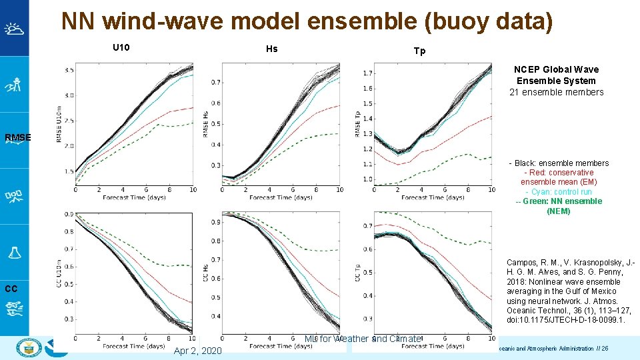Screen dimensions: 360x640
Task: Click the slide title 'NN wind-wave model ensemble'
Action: [307, 21]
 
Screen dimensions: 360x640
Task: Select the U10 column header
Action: [121, 47]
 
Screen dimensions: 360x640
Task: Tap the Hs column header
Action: [271, 49]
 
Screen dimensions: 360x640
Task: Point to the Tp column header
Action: [419, 51]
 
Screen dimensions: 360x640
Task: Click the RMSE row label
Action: [17, 138]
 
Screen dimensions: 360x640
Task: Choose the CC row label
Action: [11, 289]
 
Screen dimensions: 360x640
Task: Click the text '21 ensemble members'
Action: [556, 92]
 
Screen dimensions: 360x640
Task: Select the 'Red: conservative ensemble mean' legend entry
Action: [559, 177]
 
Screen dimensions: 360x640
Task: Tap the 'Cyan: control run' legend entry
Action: [559, 191]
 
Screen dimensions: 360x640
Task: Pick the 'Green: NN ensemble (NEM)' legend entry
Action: [559, 206]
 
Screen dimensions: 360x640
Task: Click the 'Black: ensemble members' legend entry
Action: [559, 163]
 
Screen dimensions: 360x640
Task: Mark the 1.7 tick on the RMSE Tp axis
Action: [367, 73]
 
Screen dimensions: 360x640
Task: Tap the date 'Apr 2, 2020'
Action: [197, 351]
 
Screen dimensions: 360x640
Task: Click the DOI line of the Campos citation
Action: [565, 320]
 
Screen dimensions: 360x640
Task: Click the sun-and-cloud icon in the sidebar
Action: [14, 29]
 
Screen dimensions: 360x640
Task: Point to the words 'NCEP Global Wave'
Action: [556, 69]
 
